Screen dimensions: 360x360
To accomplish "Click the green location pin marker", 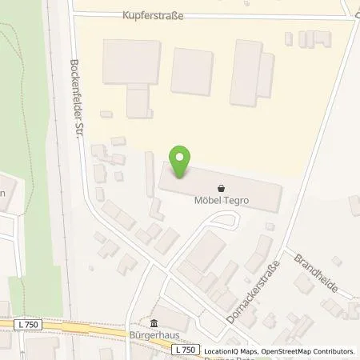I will (x=182, y=163).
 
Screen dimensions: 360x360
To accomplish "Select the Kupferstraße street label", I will (x=154, y=16).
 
